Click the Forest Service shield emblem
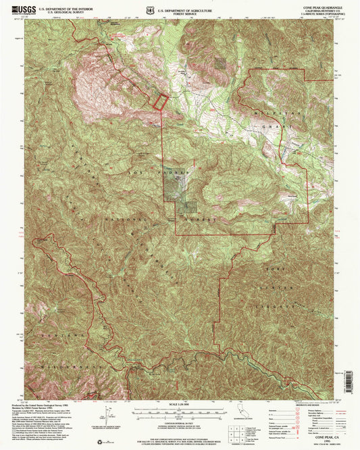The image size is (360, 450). pos(149,11)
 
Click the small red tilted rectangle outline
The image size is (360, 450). pos(159,101)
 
